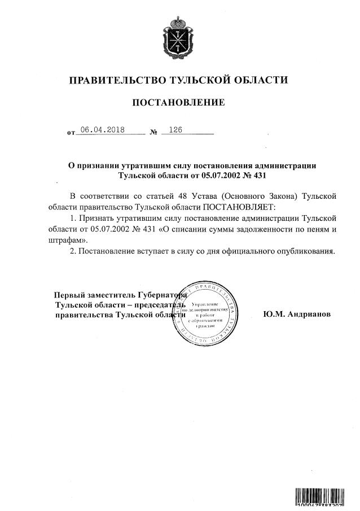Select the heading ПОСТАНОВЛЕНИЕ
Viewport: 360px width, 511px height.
[178, 103]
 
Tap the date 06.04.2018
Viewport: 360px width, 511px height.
[102, 129]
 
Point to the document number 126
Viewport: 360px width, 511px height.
[175, 129]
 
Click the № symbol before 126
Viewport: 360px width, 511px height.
[153, 133]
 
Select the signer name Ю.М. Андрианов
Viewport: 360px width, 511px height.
[297, 315]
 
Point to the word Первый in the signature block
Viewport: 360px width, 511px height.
[67, 295]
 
